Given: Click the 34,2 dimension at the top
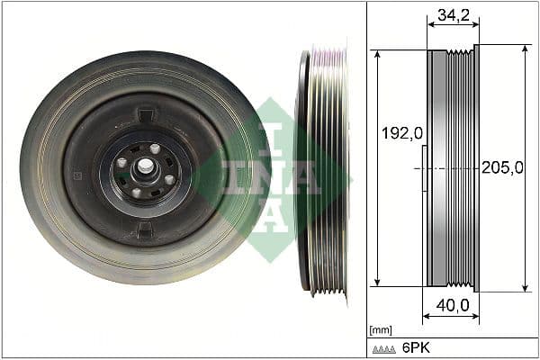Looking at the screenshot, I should (453, 14).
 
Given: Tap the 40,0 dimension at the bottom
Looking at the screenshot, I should (453, 305).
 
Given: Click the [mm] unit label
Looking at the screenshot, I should (382, 330).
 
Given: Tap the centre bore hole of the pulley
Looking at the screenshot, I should (144, 167).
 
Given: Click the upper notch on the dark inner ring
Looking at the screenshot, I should (146, 114).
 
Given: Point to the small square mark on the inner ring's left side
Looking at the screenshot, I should (79, 168).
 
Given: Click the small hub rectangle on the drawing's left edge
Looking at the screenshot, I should (423, 167).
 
